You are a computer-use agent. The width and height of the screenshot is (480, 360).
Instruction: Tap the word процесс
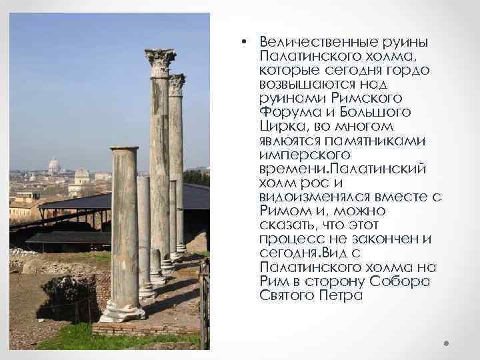288,239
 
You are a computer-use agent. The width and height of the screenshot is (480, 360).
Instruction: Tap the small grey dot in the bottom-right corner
446,344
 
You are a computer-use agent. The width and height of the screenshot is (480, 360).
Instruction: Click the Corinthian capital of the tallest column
160,62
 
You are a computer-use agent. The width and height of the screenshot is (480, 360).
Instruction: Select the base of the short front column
123,311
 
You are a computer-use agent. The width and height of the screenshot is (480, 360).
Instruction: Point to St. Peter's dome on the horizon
54,165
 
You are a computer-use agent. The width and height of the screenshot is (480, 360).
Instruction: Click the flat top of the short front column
124,149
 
